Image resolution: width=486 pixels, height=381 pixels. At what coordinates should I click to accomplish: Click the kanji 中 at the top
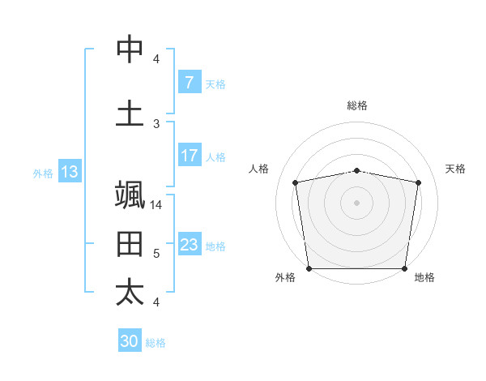130,50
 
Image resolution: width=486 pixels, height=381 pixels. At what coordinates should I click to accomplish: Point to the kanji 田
130,243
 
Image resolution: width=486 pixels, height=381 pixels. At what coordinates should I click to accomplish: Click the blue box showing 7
189,83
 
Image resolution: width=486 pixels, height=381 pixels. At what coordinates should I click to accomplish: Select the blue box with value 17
189,156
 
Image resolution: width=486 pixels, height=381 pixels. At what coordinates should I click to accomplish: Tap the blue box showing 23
189,245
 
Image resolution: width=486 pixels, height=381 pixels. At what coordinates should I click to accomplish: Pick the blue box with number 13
69,172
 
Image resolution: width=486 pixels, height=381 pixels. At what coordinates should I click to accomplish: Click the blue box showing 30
130,341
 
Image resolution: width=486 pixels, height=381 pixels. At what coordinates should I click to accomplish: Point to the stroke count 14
157,205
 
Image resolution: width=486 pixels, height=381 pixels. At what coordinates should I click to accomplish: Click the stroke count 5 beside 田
156,254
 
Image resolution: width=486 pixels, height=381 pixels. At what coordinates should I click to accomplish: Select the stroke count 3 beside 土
156,124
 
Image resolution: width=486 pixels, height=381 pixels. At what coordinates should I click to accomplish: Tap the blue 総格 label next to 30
156,343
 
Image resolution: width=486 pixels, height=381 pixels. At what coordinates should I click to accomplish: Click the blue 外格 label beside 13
42,173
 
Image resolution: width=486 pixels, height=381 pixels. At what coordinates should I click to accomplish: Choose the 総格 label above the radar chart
356,105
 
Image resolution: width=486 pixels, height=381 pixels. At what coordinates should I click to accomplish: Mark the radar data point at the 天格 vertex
418,182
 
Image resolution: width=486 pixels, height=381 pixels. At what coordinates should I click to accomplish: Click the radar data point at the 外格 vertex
309,268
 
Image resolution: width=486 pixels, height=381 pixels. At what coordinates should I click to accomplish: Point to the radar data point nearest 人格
296,182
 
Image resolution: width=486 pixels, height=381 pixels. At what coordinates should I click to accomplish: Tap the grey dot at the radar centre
356,202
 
